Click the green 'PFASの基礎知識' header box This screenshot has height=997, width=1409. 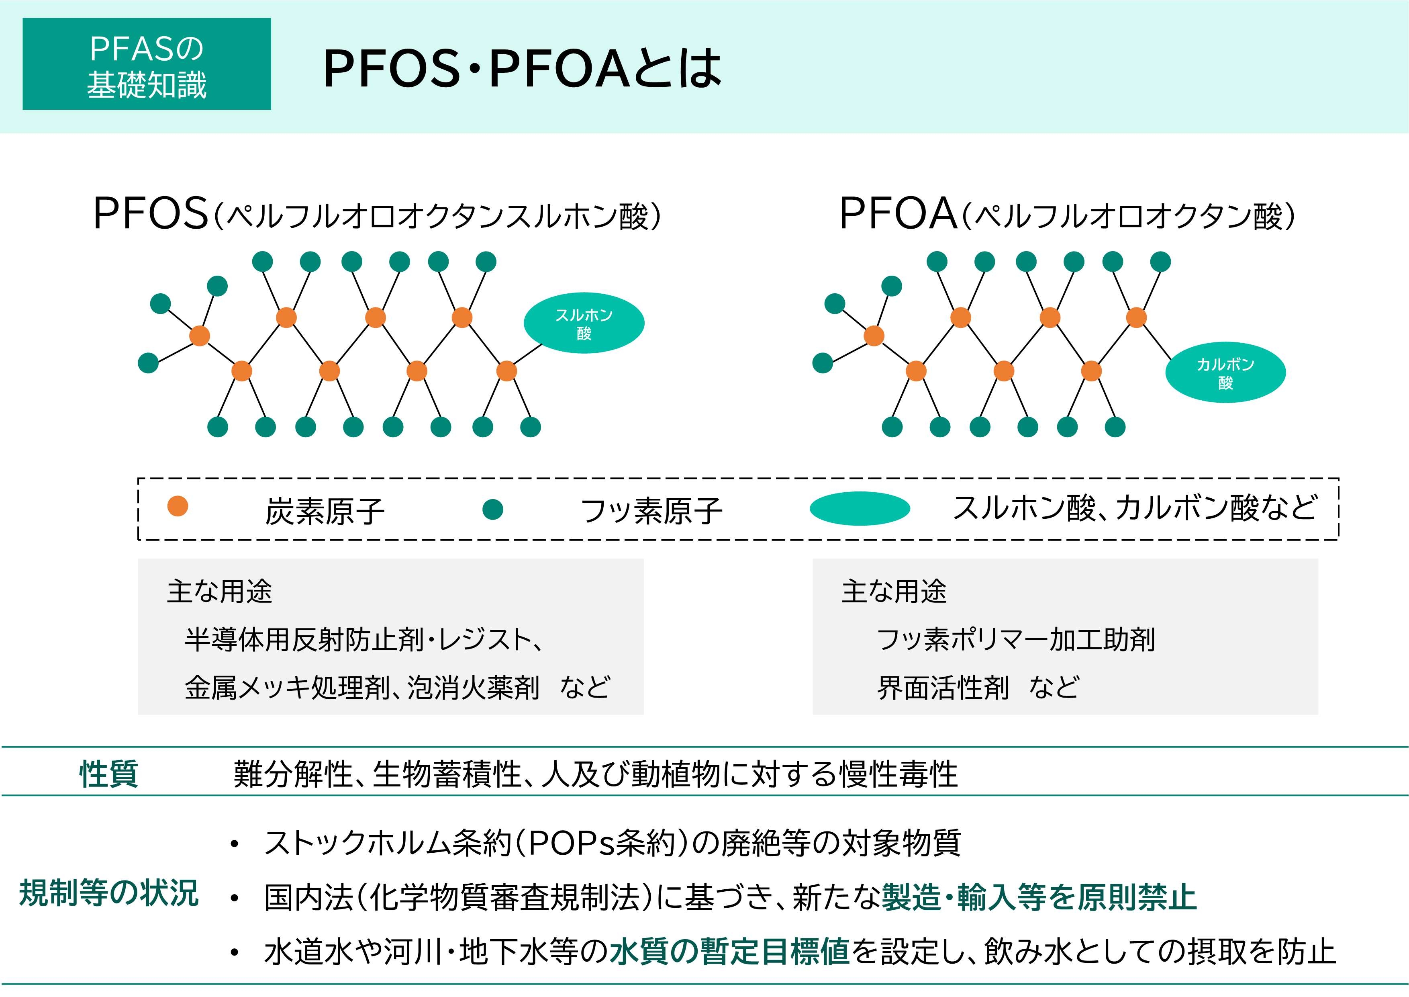[x=147, y=64]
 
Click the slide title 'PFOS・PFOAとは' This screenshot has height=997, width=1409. [x=522, y=68]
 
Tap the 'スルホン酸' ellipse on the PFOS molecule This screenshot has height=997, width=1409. [x=584, y=323]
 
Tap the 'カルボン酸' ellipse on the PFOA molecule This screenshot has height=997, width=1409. [x=1225, y=373]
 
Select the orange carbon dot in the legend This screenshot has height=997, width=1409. [x=178, y=506]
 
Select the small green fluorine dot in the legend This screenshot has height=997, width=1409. [x=493, y=509]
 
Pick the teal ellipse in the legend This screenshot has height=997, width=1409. [x=860, y=508]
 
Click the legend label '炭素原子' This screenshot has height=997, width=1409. [x=325, y=511]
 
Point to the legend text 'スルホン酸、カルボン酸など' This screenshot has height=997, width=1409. [x=1135, y=508]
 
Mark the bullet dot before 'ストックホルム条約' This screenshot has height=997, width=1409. [x=234, y=845]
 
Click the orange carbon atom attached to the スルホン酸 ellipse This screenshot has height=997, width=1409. [x=506, y=371]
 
